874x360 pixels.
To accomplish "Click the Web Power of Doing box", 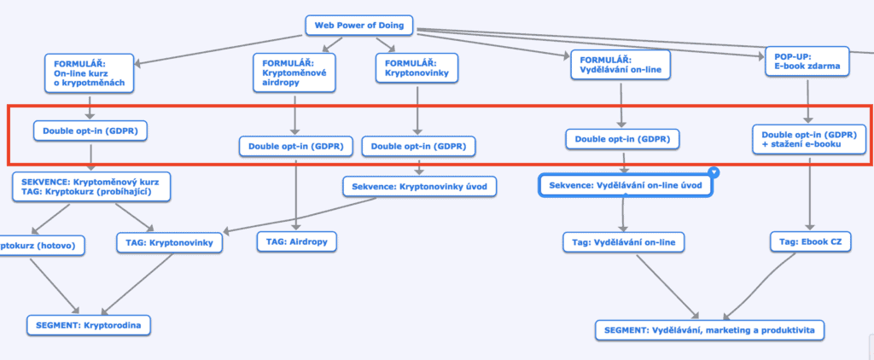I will tap(359, 26).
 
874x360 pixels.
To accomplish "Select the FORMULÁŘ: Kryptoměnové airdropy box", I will tap(294, 73).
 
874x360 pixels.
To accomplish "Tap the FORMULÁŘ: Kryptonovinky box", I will tap(417, 69).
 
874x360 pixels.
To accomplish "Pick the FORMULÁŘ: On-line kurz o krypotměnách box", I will tap(90, 73).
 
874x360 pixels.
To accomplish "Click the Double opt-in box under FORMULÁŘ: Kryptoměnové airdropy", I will tap(295, 147).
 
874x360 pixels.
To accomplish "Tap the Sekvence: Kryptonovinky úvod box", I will tap(418, 186).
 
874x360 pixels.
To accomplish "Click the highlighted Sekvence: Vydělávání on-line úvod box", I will tap(625, 186).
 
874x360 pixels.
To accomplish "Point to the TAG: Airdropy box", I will tap(296, 242).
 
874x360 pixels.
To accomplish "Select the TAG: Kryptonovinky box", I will tap(169, 243).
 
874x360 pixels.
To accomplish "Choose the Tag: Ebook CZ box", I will tap(811, 242).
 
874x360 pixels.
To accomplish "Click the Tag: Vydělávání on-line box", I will tap(623, 242).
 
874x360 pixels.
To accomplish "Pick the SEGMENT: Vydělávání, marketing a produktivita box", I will tap(710, 330).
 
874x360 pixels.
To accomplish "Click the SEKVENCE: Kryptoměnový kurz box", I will tap(91, 187).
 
